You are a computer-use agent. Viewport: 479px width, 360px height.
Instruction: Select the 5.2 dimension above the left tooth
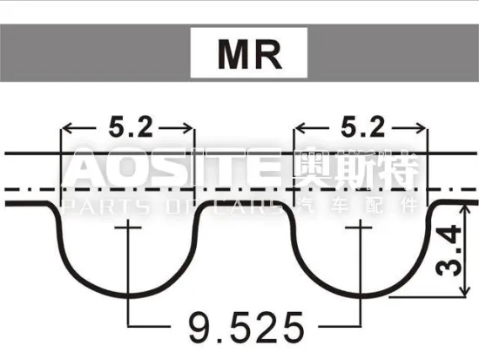(130, 128)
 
